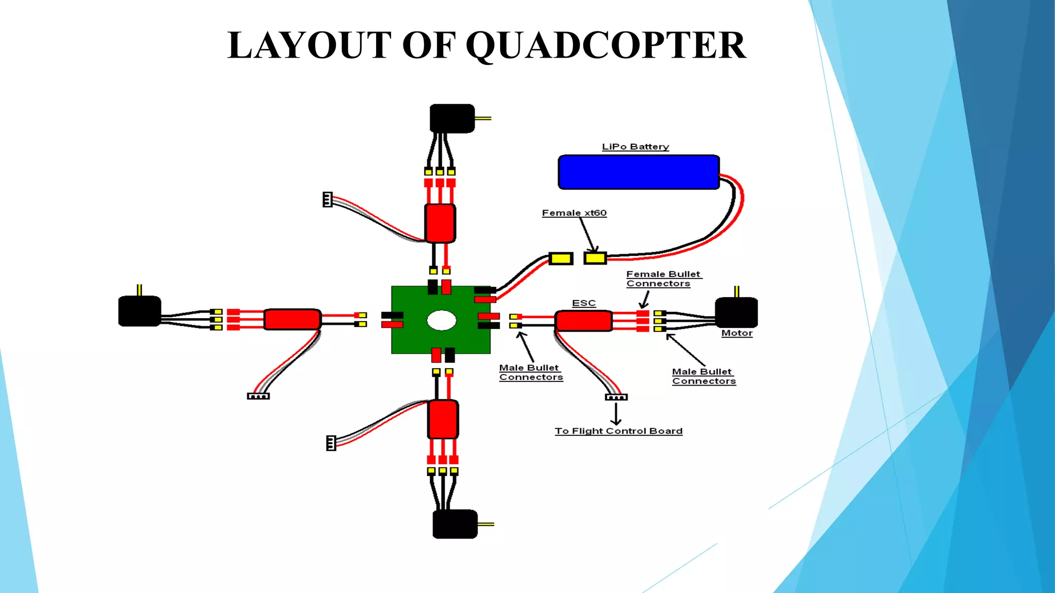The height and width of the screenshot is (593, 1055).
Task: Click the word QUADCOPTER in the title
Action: (606, 45)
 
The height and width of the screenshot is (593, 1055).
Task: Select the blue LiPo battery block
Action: (638, 172)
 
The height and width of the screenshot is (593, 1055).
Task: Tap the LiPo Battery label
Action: (635, 147)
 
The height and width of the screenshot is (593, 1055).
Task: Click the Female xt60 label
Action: (574, 213)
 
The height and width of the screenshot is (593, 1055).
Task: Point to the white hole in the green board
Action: (441, 320)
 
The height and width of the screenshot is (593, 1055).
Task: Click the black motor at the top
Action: (452, 118)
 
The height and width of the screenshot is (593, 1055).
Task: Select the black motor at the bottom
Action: (455, 524)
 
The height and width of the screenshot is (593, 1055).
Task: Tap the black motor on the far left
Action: (140, 311)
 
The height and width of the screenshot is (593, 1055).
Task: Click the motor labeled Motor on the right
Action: (736, 312)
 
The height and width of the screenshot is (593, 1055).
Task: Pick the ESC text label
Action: (584, 303)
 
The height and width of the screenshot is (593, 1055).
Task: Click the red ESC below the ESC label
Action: (584, 321)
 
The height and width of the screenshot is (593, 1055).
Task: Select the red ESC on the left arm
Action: (292, 319)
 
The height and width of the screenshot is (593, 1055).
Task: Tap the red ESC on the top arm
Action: (440, 223)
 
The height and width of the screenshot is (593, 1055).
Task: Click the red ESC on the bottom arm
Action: (443, 419)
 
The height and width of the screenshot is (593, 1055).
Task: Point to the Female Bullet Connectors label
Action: (662, 278)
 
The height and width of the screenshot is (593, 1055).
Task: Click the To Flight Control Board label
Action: (618, 431)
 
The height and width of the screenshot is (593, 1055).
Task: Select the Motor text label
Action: (737, 333)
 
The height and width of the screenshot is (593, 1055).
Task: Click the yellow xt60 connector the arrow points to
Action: (595, 258)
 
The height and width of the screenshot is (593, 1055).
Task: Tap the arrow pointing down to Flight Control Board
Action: (616, 414)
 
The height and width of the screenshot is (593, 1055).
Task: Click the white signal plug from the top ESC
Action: (327, 199)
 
